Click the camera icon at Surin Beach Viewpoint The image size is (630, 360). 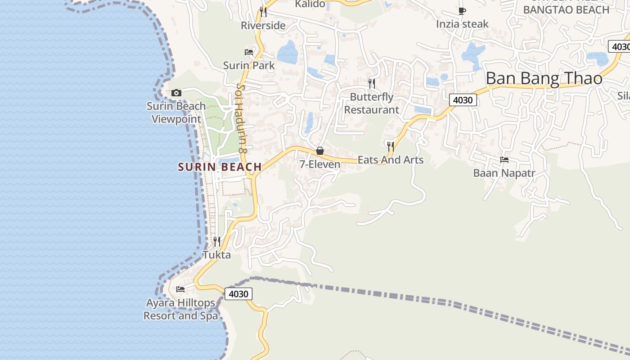click(x=176, y=93)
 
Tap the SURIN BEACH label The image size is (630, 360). click(x=220, y=167)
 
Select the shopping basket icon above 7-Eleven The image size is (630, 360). click(x=320, y=151)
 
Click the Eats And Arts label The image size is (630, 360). click(x=390, y=160)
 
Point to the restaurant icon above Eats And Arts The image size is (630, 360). click(x=390, y=146)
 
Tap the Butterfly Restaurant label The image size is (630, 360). click(x=371, y=103)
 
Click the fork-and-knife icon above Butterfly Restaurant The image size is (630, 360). click(x=372, y=83)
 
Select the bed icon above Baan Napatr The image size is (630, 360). click(x=504, y=160)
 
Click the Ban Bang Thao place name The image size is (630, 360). click(x=544, y=79)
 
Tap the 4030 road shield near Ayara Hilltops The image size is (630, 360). click(x=238, y=294)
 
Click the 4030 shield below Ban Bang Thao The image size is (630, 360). click(x=463, y=100)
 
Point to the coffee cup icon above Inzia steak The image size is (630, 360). click(x=462, y=11)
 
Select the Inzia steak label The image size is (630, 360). click(x=462, y=24)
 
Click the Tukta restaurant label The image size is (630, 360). click(x=216, y=255)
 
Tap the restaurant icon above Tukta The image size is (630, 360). click(x=216, y=242)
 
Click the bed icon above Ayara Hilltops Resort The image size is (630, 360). click(x=180, y=289)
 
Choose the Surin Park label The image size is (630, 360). click(x=249, y=66)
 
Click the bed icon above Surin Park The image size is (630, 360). click(x=249, y=52)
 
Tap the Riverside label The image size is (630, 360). click(x=263, y=26)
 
